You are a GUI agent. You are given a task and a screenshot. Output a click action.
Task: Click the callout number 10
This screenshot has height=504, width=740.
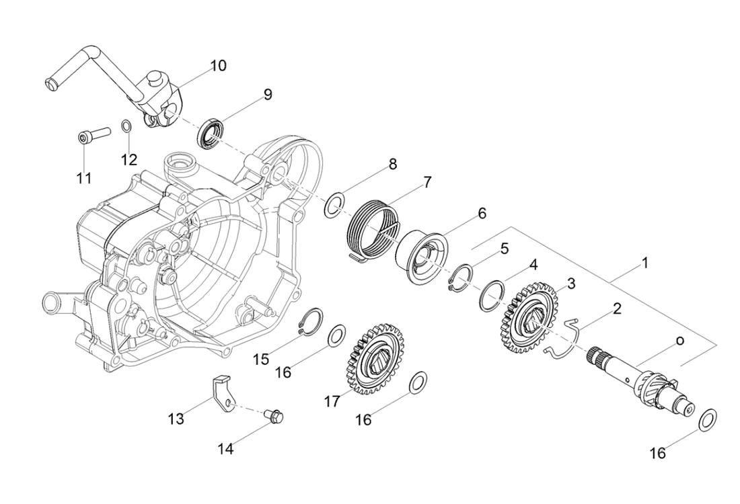click(x=218, y=65)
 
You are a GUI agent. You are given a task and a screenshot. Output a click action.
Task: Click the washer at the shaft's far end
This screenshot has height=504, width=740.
click(x=708, y=418)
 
